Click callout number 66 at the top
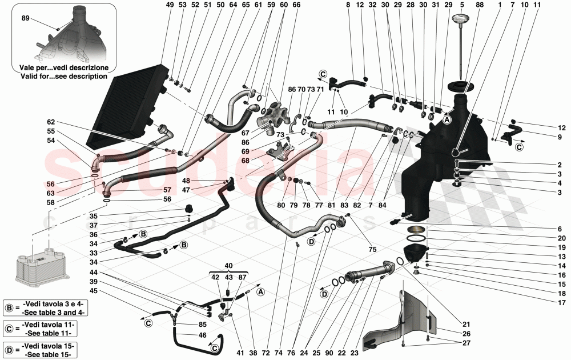296,5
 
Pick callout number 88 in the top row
479,5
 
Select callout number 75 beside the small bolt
372,249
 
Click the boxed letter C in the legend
10,328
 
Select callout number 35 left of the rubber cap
93,217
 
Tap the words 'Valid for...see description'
63,76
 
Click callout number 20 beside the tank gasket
561,238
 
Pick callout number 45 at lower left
93,290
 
